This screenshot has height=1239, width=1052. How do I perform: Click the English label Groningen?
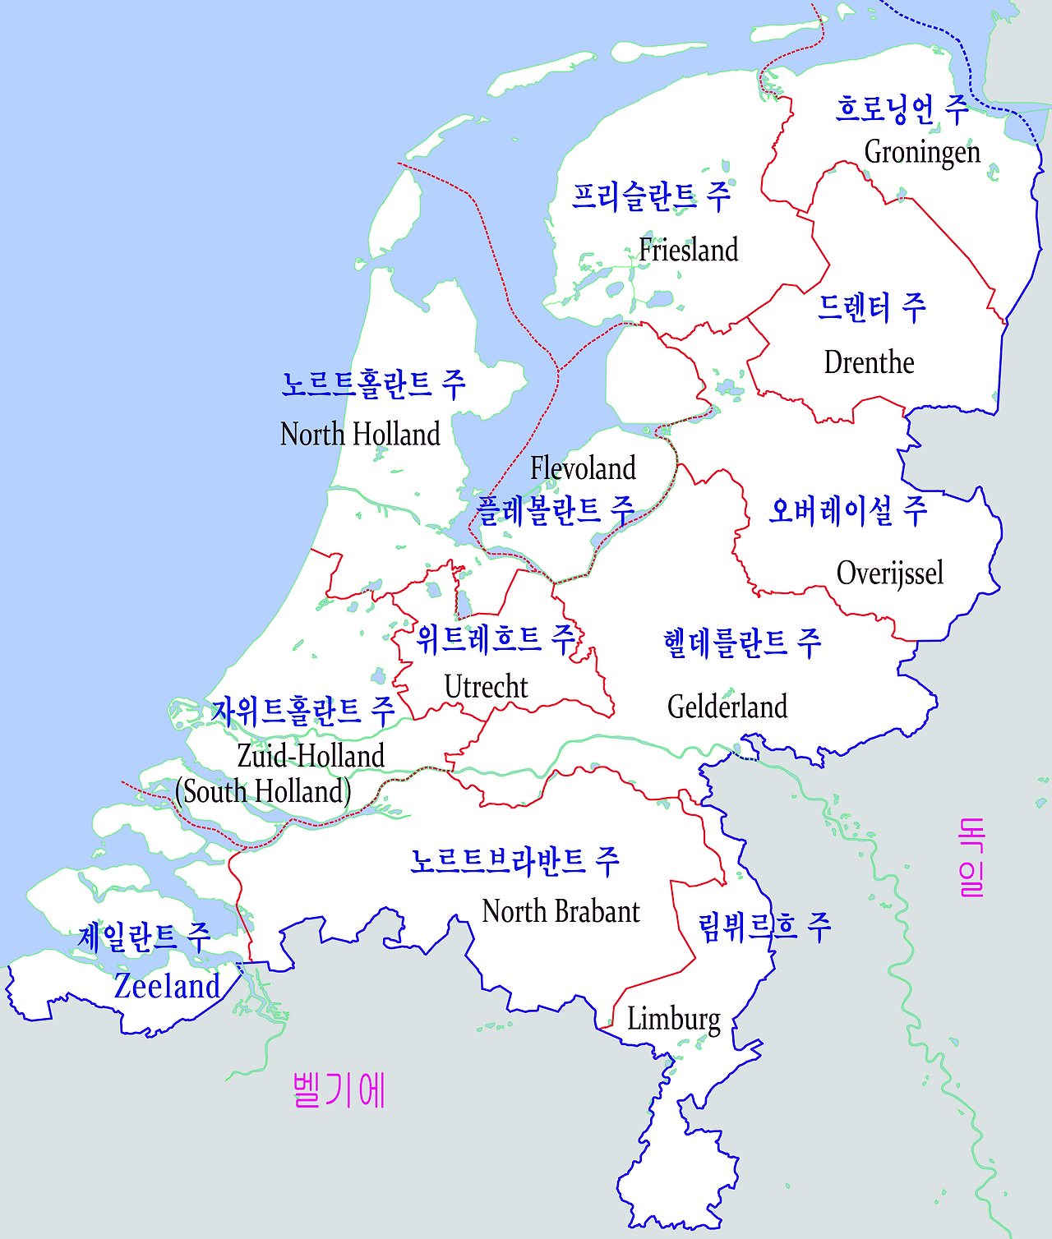click(x=922, y=153)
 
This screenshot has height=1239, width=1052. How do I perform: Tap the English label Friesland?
click(x=689, y=250)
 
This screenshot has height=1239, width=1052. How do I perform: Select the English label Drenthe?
click(x=869, y=362)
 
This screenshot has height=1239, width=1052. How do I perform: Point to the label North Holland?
click(x=360, y=434)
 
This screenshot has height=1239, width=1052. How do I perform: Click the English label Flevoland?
click(x=583, y=468)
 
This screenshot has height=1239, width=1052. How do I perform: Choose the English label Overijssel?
click(x=889, y=573)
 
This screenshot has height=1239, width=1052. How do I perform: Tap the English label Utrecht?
click(x=486, y=687)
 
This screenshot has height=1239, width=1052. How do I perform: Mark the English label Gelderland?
click(x=727, y=707)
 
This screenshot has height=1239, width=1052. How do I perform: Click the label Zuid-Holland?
click(x=311, y=756)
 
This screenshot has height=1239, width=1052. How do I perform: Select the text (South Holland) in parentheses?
click(x=263, y=791)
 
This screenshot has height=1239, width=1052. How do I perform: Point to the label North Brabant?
click(x=561, y=911)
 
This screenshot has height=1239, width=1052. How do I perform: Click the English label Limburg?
click(x=674, y=1019)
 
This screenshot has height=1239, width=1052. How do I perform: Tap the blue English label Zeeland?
click(x=167, y=986)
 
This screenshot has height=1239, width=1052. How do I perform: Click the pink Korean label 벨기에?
click(x=339, y=1090)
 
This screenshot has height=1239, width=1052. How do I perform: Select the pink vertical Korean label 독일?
click(x=971, y=857)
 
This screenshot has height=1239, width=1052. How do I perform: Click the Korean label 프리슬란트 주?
click(x=651, y=196)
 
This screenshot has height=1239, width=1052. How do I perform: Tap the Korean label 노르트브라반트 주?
click(x=515, y=861)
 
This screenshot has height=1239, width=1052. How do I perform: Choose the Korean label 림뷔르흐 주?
click(x=764, y=927)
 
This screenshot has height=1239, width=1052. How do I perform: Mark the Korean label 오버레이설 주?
click(x=847, y=511)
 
